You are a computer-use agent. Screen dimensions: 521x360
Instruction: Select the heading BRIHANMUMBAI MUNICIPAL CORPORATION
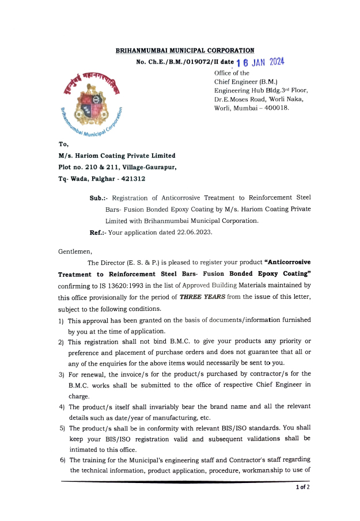coord(185,51)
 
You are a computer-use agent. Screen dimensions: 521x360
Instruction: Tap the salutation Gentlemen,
coord(75,252)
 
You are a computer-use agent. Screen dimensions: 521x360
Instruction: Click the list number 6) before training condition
coord(62,459)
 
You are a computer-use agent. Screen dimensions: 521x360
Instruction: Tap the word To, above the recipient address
coord(63,144)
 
